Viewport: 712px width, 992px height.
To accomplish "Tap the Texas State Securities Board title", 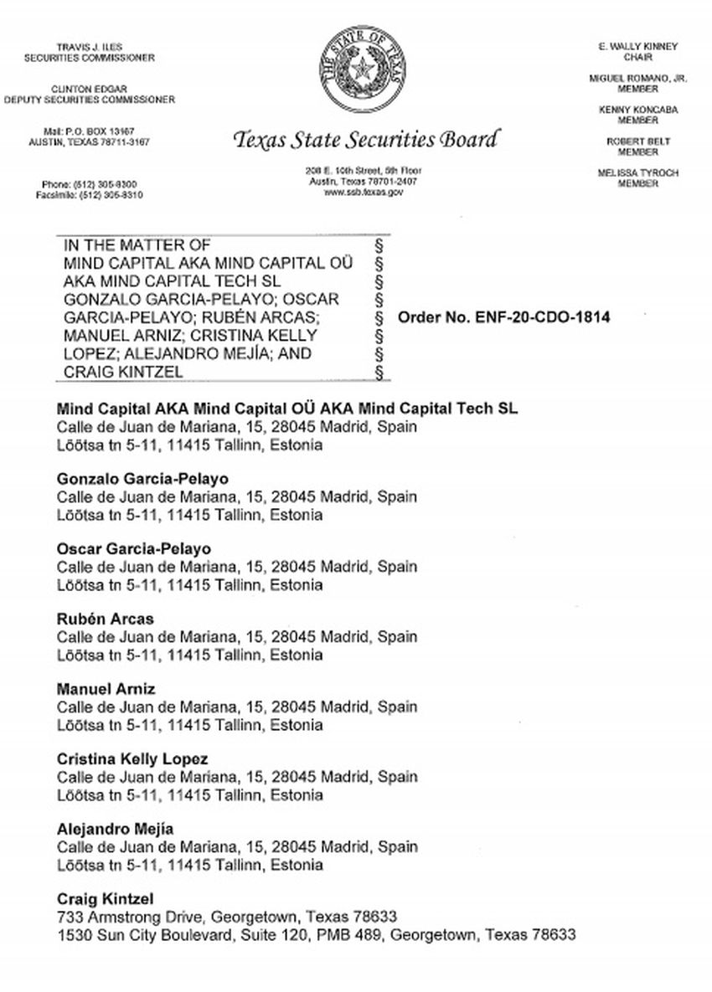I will [x=366, y=139].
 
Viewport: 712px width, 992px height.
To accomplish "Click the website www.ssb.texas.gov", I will [x=364, y=192].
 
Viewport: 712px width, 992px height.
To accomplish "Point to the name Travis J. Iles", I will [x=89, y=47].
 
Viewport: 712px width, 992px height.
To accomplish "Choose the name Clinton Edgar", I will [x=89, y=89].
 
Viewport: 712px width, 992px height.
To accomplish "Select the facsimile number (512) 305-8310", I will [x=111, y=194].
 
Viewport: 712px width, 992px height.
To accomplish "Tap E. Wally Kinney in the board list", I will [x=637, y=47].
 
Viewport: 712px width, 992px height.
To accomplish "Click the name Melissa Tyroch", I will [x=637, y=173].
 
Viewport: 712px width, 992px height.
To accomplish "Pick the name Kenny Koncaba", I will [x=637, y=110].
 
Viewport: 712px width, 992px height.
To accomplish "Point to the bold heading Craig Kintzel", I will [x=105, y=899].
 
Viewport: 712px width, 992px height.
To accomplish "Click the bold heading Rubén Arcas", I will [x=105, y=619].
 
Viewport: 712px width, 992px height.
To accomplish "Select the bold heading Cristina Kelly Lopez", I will [x=132, y=759].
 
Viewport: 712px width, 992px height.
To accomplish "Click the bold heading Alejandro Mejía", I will [x=115, y=829].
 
